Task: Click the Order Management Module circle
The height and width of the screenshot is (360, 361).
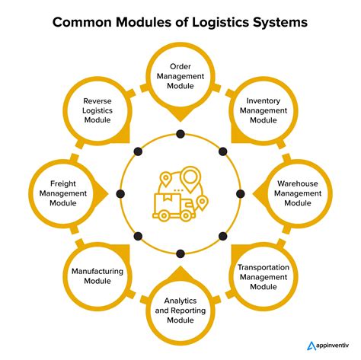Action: pos(180,78)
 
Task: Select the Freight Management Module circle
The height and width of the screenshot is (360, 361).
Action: pos(67,193)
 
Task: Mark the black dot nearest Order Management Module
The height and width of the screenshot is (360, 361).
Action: pos(180,134)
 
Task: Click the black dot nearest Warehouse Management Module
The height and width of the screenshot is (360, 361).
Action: pos(241,193)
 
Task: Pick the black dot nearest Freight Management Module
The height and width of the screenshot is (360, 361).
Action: pos(121,193)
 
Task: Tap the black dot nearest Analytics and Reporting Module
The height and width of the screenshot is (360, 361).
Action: pos(180,253)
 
